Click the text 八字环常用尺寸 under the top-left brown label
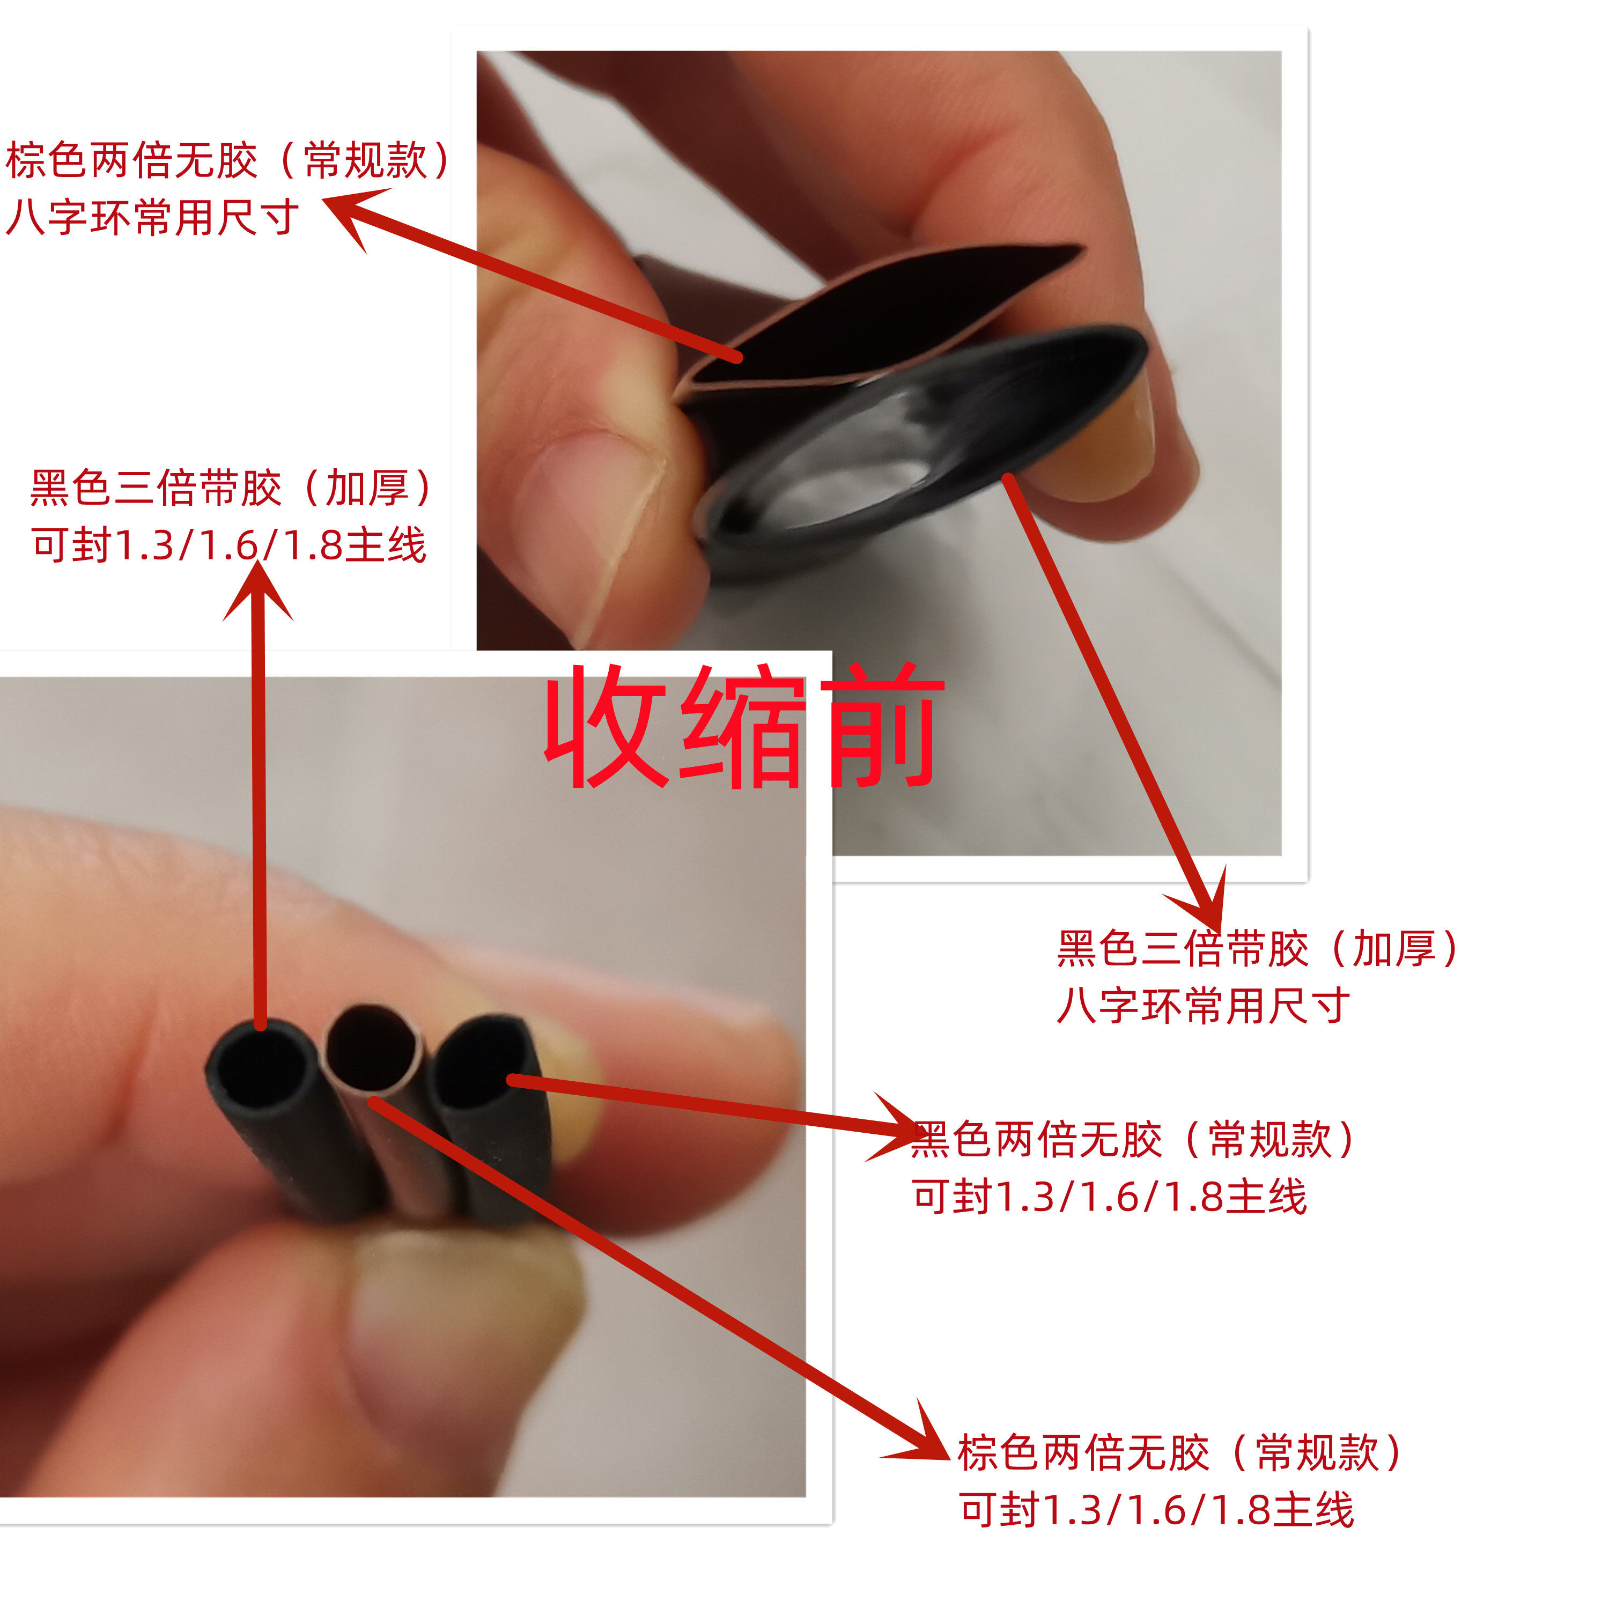pos(152,218)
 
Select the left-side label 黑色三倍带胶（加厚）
pos(232,488)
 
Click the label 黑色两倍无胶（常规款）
pos(1133,1139)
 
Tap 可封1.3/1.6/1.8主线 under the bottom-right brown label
pos(1156,1509)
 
